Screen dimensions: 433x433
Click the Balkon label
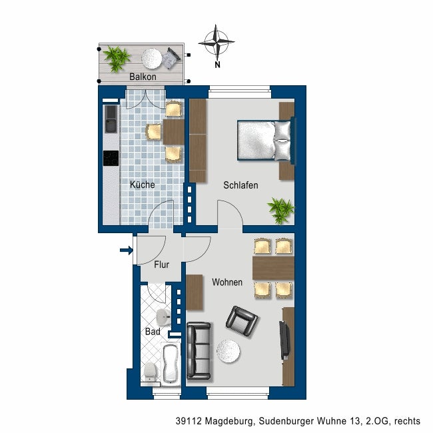(x=143, y=77)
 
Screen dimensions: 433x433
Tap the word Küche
(x=142, y=185)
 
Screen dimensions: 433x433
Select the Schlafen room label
(x=240, y=185)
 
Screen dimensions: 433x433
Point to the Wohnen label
(x=227, y=282)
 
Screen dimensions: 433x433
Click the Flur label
(x=162, y=264)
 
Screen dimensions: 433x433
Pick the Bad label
(x=153, y=331)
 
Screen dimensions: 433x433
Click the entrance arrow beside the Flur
(x=126, y=250)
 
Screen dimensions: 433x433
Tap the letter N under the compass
(x=217, y=65)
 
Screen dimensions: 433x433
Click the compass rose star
(x=217, y=42)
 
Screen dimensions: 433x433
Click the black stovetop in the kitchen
(x=111, y=159)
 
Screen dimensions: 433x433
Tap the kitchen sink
(x=111, y=119)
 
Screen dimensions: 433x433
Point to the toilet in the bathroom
(x=149, y=372)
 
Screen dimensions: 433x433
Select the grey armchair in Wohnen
(x=242, y=322)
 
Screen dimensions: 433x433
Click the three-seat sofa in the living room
(x=199, y=350)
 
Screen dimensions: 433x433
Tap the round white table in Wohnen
(x=228, y=351)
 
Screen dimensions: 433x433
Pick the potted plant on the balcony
(x=117, y=59)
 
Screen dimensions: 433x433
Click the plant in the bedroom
(x=280, y=211)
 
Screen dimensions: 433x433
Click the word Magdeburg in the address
(x=229, y=421)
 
